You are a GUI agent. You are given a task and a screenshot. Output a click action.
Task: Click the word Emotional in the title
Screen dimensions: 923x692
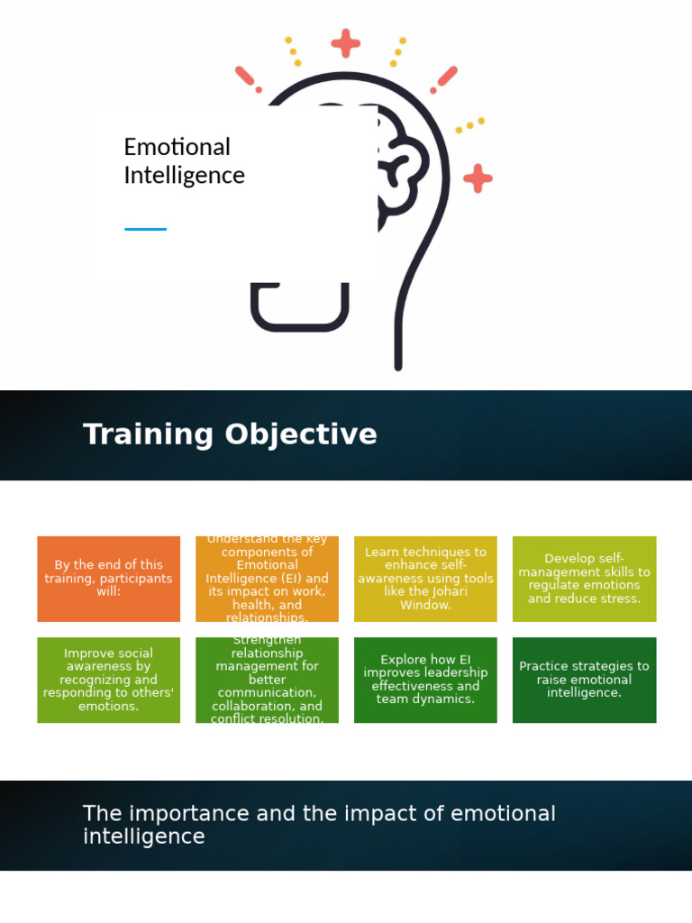click(177, 147)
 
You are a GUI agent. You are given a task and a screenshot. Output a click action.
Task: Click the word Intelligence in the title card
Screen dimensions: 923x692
click(184, 175)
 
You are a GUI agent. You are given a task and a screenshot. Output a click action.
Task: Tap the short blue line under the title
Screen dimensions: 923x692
click(145, 229)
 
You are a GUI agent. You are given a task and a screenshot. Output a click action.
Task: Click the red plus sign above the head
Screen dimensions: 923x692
click(345, 42)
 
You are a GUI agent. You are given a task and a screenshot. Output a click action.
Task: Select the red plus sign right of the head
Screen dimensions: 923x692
click(478, 178)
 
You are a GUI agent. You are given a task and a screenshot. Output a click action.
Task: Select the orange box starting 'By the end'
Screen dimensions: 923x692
click(108, 579)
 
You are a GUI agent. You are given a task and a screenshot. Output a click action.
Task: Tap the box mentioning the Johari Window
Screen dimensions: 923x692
click(424, 579)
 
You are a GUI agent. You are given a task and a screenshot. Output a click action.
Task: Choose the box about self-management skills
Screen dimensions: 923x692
click(584, 579)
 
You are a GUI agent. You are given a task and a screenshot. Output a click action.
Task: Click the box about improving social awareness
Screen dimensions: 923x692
click(108, 680)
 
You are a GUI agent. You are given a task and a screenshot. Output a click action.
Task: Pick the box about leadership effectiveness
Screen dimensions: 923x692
click(424, 680)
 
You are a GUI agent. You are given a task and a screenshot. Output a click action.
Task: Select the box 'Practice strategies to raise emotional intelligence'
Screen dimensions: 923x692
click(584, 680)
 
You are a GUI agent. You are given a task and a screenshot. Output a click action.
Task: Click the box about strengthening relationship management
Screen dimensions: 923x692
click(267, 680)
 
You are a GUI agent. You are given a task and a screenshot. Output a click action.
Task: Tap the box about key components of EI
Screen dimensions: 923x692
click(267, 579)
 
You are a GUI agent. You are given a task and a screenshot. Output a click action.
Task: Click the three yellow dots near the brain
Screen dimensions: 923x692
click(469, 125)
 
